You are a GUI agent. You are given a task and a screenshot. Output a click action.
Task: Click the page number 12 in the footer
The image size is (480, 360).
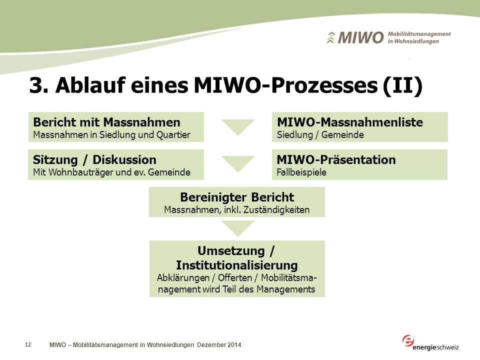pos(28,344)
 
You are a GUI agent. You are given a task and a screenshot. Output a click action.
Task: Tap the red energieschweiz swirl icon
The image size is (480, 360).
pos(408,340)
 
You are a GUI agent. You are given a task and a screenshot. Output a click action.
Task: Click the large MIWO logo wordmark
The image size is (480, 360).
pos(360,37)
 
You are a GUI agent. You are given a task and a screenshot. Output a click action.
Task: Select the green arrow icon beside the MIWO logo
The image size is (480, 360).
pos(330,37)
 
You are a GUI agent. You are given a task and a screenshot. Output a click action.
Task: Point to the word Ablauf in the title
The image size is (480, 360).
pos(90,85)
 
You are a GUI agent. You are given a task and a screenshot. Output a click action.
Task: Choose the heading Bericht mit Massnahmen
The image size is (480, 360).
pos(107,122)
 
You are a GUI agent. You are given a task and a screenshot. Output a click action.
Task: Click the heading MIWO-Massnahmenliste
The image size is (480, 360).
pos(350,122)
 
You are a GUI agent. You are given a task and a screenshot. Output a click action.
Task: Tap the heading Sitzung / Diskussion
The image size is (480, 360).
pos(94,160)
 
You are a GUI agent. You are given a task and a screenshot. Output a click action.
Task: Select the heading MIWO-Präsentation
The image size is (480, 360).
pos(336,160)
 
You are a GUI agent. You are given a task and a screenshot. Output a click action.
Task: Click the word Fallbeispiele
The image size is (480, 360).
pos(301,172)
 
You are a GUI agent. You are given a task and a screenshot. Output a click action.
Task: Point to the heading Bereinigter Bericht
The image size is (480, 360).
pos(237,197)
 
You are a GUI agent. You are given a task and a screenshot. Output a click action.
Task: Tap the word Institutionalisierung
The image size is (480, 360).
pos(237,265)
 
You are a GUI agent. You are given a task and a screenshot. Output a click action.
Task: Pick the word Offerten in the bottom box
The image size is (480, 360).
pos(235,277)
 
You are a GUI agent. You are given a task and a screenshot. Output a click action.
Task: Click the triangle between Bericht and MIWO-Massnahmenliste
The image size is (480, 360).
pos(238,126)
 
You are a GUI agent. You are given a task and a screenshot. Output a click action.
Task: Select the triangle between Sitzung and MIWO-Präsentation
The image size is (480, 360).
pos(238,163)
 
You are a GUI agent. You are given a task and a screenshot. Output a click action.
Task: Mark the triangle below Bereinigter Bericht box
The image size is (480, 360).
pos(238,228)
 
